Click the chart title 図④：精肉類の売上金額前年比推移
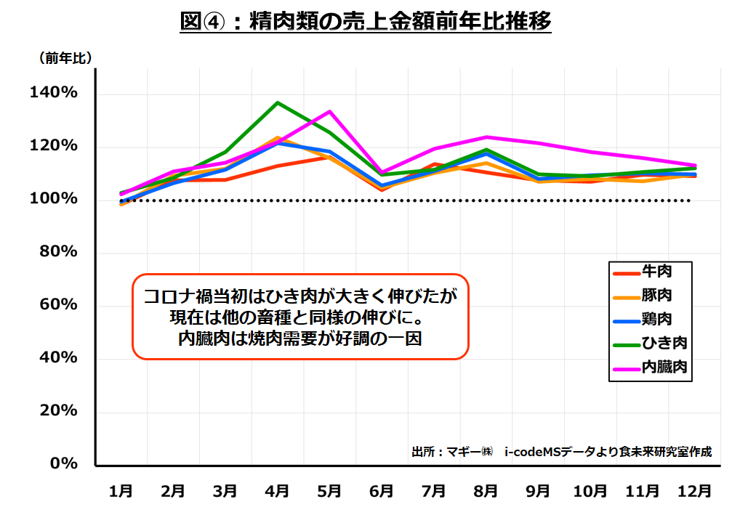(366, 23)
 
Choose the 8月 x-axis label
(486, 491)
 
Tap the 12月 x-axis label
(694, 491)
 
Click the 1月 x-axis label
(120, 491)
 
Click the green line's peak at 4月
(277, 102)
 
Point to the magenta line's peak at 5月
(330, 111)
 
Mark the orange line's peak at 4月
(277, 137)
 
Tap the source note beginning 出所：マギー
(561, 452)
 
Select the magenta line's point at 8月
(486, 137)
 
